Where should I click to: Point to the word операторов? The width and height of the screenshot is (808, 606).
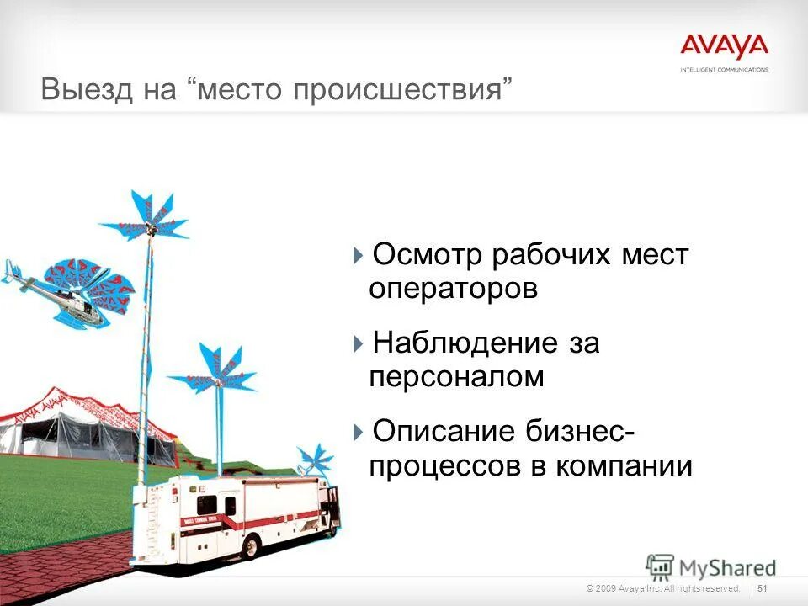point(453,289)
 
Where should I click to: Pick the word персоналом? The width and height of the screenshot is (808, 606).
point(456,377)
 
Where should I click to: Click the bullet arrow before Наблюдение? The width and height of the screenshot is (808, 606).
point(359,344)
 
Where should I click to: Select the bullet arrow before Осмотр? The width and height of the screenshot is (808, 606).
point(359,255)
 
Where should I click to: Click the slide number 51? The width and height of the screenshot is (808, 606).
point(763,587)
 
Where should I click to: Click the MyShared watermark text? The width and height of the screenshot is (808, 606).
point(728,566)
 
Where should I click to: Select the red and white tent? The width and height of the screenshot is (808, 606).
point(76,425)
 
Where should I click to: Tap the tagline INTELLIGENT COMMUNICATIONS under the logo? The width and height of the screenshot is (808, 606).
point(724,69)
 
